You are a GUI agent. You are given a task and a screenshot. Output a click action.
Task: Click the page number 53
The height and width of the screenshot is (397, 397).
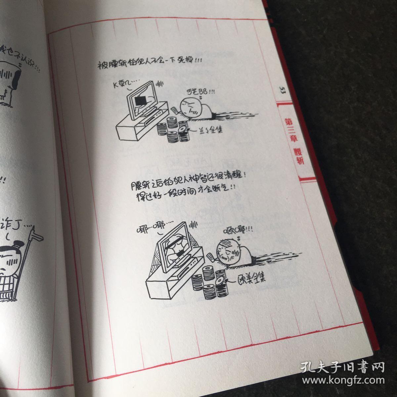(282, 90)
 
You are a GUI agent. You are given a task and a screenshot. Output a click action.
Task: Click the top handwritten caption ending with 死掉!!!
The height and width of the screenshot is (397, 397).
(149, 63)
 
